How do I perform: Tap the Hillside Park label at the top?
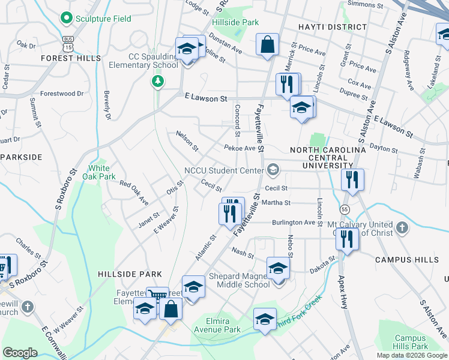click(x=235, y=22)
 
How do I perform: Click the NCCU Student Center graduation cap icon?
click(x=274, y=170)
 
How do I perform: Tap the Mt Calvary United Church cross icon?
click(x=402, y=227)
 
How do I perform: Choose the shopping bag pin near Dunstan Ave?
click(x=267, y=44)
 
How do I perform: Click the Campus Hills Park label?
click(x=411, y=342)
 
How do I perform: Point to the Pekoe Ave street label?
click(x=240, y=148)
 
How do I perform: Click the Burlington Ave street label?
click(x=294, y=222)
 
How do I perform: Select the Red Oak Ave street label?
click(x=134, y=193)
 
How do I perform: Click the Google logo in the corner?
click(x=20, y=352)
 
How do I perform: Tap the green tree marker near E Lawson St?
click(x=158, y=80)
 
